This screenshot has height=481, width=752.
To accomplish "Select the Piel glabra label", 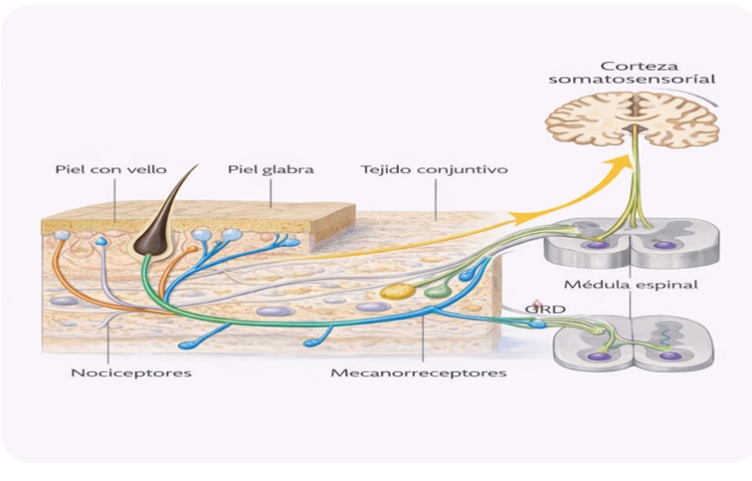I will tap(271, 169).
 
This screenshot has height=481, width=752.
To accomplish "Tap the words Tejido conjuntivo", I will tap(434, 169).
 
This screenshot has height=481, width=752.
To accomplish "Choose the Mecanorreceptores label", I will tap(420, 373).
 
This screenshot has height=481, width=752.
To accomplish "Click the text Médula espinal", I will tap(630, 284).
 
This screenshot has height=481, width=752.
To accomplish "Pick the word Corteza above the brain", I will tap(632, 66).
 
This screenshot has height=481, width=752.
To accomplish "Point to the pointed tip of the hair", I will tap(196, 165).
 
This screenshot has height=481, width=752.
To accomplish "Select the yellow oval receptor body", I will tap(397, 291).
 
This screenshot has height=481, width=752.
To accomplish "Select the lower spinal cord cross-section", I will tap(633, 344).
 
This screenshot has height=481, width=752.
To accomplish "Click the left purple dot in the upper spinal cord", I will tap(599, 245).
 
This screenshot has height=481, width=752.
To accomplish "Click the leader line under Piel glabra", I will tap(271, 192).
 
